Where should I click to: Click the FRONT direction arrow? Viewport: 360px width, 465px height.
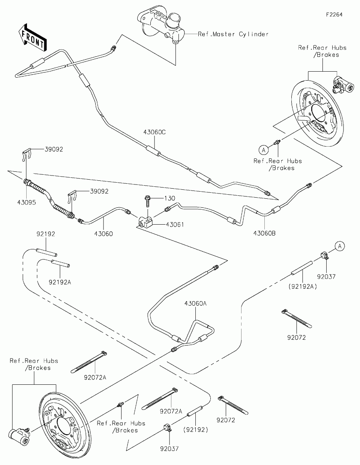coord(33,37)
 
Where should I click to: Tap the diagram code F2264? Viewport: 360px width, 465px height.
coord(334,15)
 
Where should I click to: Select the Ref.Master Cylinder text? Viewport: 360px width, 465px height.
coord(233,34)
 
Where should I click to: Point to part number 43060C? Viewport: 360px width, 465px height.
coord(154,132)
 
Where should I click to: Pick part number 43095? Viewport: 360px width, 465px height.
coord(26,202)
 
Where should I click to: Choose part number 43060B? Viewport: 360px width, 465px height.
coord(265,233)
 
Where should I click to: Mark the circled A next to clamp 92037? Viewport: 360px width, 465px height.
coord(340,246)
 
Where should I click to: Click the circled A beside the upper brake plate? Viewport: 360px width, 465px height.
coord(264,150)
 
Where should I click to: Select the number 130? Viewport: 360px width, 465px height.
coord(169,198)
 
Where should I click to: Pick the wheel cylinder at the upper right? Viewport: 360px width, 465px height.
coord(342,84)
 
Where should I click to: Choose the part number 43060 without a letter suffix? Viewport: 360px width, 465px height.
coord(103,234)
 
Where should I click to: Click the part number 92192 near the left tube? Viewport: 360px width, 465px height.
coord(46,234)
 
